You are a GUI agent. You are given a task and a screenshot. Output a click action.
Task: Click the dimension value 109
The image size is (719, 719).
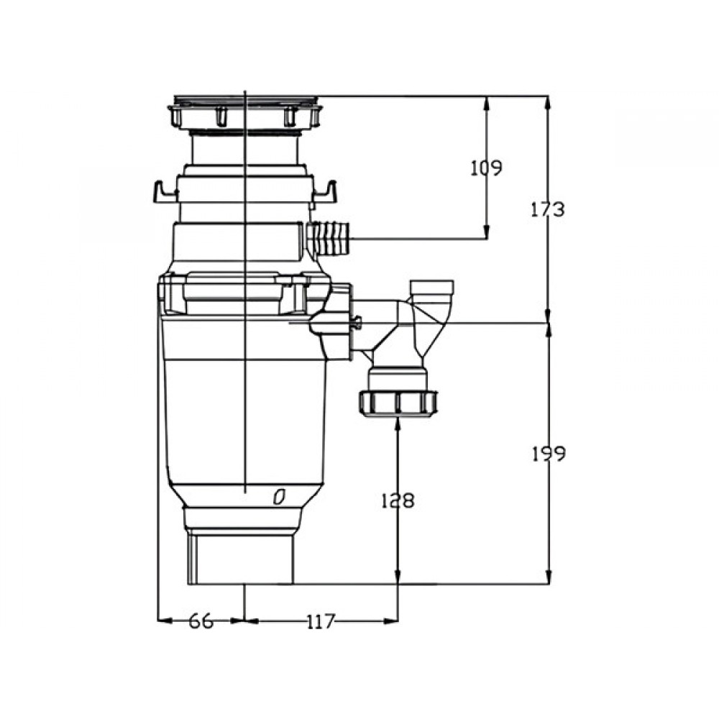487,168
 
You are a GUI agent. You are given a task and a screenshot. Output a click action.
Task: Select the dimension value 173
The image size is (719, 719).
547,209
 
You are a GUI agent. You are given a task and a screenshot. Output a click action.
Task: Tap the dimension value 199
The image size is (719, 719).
549,454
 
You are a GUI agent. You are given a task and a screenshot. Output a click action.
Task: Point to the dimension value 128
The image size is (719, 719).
398,500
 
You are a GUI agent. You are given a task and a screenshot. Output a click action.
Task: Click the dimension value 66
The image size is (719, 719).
201,621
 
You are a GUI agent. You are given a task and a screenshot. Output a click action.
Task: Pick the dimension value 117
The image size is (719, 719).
321,621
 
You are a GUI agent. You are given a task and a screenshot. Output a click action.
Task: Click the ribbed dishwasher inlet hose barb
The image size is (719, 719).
329,239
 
